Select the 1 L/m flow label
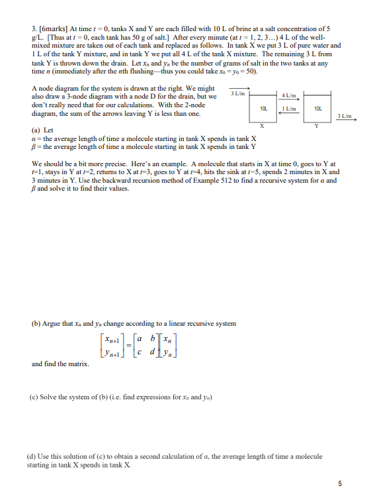pos(288,108)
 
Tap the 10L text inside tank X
pos(263,108)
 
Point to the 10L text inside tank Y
pos(317,108)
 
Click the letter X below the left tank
pos(263,126)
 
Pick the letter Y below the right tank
pos(316,126)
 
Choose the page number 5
pos(339,483)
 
